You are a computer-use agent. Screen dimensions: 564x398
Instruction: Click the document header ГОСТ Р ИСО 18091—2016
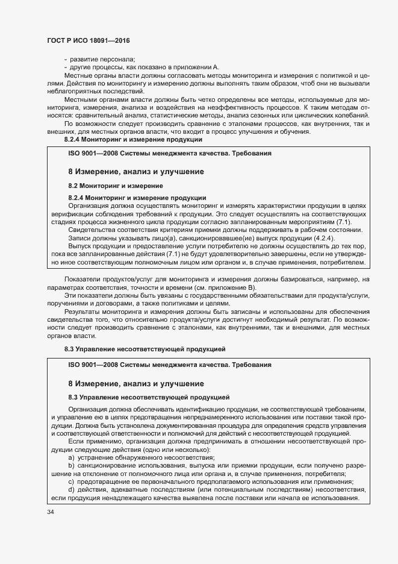click(x=88, y=40)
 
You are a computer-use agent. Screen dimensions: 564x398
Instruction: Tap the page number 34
click(x=51, y=512)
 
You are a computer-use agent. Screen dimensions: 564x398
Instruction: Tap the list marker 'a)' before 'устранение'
click(x=72, y=457)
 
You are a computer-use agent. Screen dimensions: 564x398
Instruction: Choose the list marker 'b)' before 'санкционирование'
click(x=72, y=465)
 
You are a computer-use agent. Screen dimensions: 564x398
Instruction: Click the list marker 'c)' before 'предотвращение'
click(x=72, y=481)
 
